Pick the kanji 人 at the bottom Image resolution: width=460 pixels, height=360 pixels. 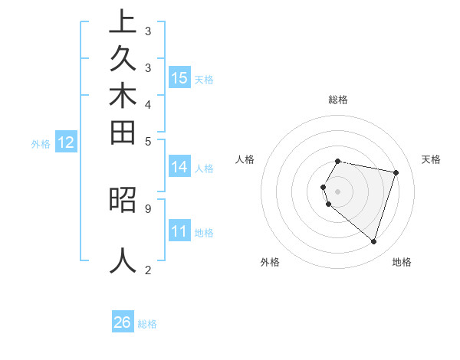click(x=123, y=260)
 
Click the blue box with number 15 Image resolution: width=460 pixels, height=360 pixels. click(x=179, y=78)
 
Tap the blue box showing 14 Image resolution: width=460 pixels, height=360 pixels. click(x=179, y=167)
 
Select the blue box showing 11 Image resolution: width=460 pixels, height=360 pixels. click(x=179, y=231)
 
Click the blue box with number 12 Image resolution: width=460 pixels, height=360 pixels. click(x=66, y=142)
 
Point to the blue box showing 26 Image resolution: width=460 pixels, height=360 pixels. click(x=123, y=322)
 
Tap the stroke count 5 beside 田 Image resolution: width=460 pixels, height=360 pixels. click(x=147, y=141)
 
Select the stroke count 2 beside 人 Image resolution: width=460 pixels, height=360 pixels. click(x=147, y=270)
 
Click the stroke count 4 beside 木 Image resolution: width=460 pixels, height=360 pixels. click(x=147, y=104)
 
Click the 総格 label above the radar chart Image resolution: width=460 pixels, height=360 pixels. click(x=338, y=100)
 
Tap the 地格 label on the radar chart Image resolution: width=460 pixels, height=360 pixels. click(x=402, y=263)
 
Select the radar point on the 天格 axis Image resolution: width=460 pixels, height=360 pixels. click(x=396, y=173)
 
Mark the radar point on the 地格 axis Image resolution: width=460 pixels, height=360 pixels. click(x=373, y=241)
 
